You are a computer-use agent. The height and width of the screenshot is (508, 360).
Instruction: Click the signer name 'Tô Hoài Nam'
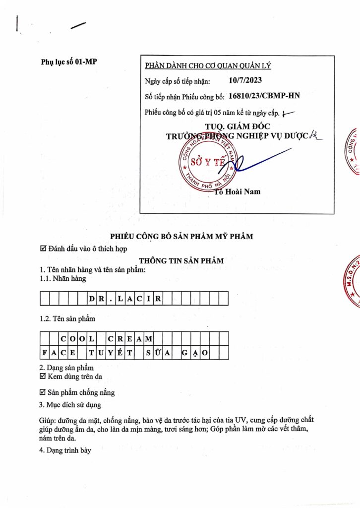[238, 191]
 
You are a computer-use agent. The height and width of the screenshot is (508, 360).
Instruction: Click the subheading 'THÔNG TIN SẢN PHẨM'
[181, 260]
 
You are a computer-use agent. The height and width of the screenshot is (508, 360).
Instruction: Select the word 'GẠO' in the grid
[195, 353]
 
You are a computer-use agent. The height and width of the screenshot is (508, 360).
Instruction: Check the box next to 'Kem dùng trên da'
[43, 377]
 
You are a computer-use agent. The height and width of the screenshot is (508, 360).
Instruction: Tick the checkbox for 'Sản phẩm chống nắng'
[43, 392]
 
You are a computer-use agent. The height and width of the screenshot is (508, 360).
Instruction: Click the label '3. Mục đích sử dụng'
[70, 405]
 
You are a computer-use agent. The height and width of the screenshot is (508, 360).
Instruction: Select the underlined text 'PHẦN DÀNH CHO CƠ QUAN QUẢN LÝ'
[208, 66]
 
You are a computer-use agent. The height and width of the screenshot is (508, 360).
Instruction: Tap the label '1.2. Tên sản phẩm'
[67, 318]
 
